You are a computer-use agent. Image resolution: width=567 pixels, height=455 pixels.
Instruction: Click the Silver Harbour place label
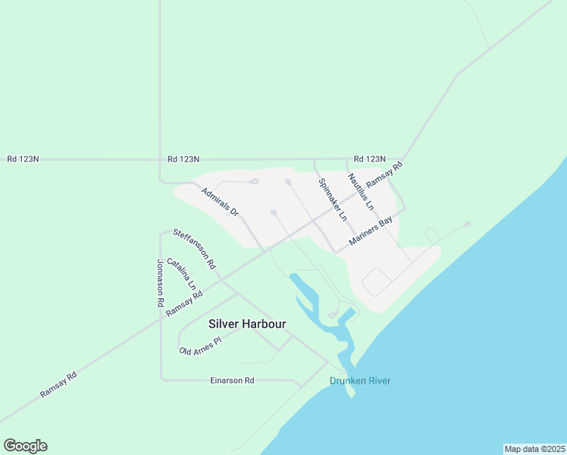247,324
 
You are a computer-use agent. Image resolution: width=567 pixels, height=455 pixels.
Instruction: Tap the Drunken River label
360,381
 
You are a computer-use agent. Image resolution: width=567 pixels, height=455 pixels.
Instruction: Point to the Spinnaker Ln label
333,199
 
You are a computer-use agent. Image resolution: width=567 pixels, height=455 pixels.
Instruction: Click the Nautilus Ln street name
361,192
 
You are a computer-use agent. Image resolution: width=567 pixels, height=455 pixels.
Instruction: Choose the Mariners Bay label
371,232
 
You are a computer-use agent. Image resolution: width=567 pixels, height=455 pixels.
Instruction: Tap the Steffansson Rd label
195,249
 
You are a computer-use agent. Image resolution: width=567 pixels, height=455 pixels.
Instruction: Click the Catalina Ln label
182,274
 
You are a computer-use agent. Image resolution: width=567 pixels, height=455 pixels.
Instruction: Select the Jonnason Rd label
161,282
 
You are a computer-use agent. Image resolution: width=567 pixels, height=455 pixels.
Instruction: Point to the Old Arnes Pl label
199,346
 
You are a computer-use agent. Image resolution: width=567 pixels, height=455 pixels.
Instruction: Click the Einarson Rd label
232,380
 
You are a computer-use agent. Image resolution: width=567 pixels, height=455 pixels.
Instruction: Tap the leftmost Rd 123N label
23,159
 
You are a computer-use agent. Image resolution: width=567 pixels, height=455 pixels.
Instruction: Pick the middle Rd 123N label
183,159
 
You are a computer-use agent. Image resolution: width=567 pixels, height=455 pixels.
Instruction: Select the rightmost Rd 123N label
370,159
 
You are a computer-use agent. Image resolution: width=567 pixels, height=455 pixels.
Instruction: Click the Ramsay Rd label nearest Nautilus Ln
384,176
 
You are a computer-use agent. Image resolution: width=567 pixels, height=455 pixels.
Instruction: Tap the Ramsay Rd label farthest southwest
59,384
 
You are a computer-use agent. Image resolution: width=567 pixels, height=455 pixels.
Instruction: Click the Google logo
25,446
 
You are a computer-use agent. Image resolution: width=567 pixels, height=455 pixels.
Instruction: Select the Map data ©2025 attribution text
534,449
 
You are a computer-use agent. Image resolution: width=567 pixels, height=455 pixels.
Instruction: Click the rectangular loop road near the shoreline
377,282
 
